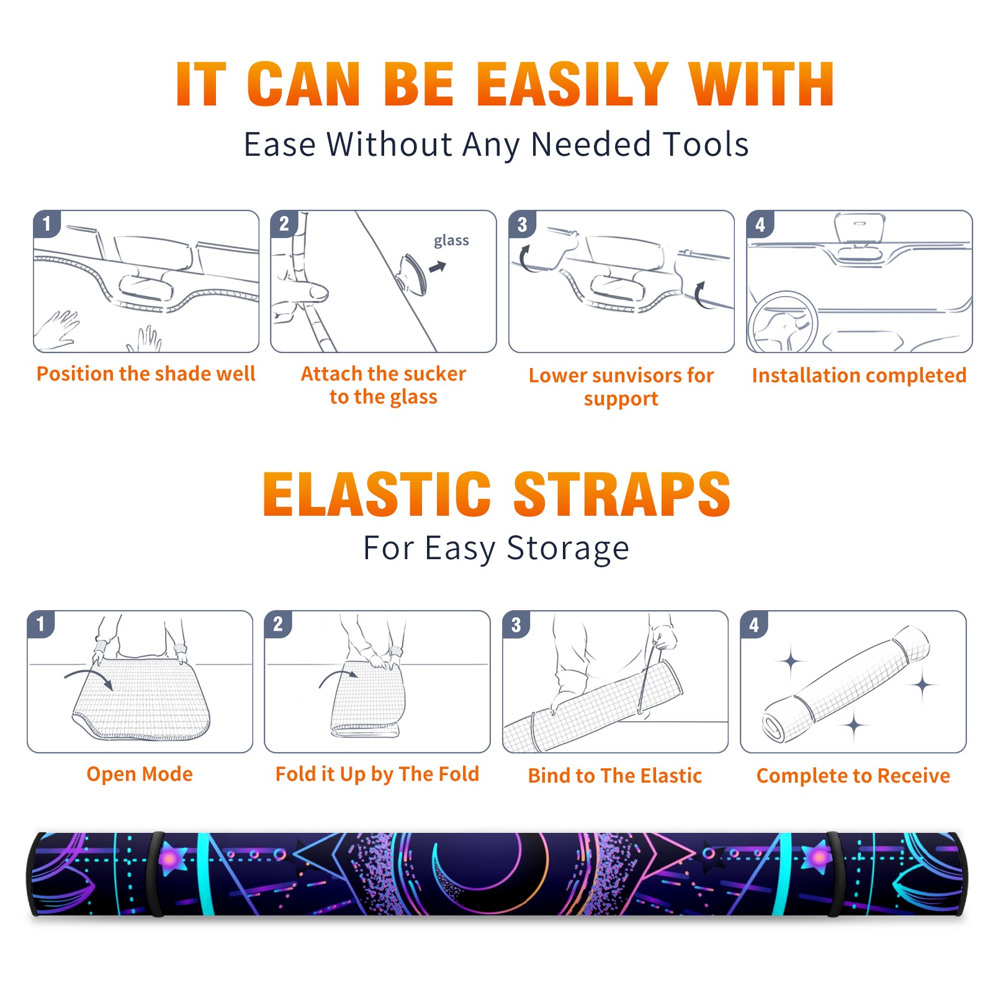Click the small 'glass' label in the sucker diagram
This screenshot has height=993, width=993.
pos(451,240)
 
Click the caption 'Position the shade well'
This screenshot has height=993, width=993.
pos(146,374)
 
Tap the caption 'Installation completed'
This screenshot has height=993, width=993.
pos(859,375)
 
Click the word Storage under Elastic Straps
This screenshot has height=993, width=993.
pos(568,548)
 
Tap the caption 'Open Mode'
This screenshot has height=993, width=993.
pos(140,774)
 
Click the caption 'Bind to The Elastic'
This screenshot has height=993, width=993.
pos(615,775)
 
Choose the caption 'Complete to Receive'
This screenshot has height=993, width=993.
pos(853,776)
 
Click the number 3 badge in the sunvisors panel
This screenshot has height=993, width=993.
pos(522,225)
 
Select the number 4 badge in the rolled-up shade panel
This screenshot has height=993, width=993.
pos(754,625)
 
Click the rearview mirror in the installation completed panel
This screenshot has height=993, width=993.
pos(859,228)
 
